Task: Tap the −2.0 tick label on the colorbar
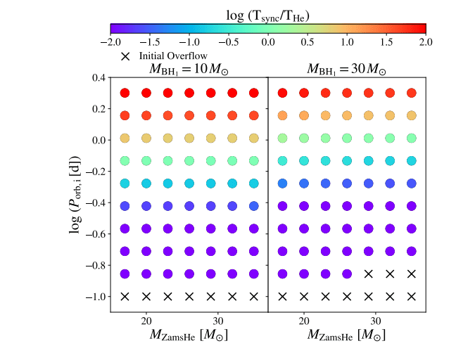pos(110,41)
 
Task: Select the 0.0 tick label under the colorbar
pos(268,41)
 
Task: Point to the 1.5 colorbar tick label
pos(386,41)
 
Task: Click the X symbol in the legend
pos(125,56)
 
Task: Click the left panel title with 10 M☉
pos(189,69)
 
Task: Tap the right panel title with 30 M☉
pos(347,69)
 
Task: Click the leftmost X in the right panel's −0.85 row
pos(368,274)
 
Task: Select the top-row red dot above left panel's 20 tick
pos(146,93)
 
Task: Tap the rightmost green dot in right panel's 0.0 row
pos(412,138)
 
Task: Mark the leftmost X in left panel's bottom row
pos(125,296)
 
